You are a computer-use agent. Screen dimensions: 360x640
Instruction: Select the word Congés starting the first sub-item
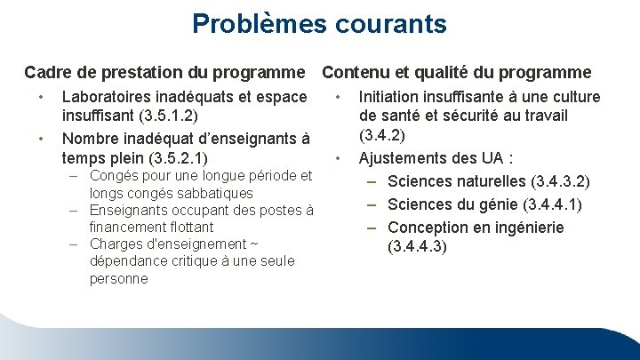[x=114, y=176]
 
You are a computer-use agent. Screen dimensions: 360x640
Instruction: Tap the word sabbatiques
[x=210, y=193]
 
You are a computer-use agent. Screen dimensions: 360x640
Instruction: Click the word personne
[x=118, y=278]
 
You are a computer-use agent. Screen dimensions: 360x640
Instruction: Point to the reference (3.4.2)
[x=382, y=136]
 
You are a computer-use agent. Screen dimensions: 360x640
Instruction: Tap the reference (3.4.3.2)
[x=559, y=182]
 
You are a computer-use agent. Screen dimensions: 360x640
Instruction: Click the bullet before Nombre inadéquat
[x=39, y=139]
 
